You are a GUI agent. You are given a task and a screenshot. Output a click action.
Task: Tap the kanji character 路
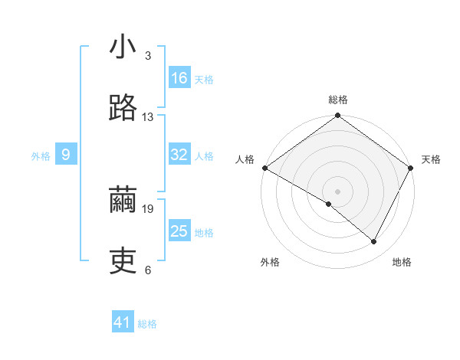click(123, 108)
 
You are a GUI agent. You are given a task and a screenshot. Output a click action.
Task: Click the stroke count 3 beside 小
click(148, 56)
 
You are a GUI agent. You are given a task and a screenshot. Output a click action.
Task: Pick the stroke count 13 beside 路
click(148, 117)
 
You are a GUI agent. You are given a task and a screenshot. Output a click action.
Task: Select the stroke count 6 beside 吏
click(148, 270)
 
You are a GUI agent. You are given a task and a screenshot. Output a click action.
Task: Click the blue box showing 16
click(179, 78)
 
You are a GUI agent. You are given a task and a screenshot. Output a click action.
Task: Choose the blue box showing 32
click(179, 155)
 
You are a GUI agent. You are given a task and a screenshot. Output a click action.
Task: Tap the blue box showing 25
click(179, 231)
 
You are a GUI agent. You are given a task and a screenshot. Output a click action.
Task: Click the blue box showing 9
click(66, 155)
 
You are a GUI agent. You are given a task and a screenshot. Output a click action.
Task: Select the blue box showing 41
click(123, 322)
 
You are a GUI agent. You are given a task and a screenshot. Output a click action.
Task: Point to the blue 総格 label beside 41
click(147, 324)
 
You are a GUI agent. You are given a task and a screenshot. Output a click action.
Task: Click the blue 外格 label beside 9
click(41, 156)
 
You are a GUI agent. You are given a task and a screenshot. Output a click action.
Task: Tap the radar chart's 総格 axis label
click(338, 100)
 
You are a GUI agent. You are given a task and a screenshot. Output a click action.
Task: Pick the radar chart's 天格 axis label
click(432, 159)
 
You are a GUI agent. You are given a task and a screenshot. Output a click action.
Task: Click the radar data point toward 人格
click(264, 168)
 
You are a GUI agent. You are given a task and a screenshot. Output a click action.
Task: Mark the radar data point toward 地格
click(374, 242)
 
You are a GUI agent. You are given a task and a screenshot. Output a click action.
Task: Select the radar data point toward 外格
click(329, 204)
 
